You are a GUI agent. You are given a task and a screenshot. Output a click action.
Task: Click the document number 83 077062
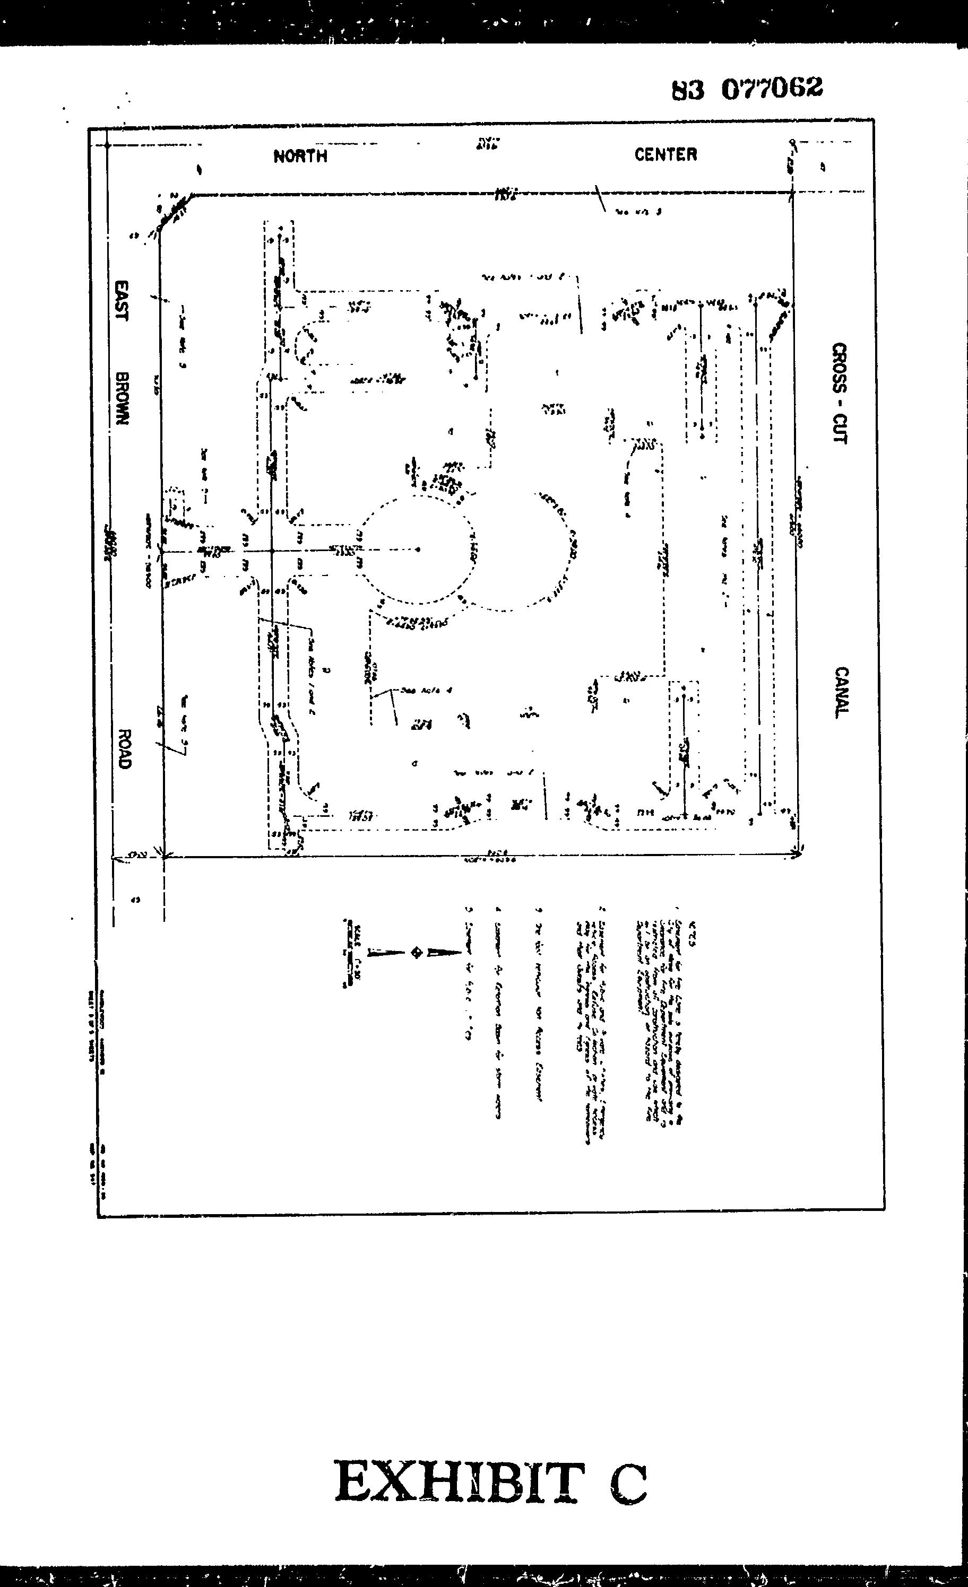click(747, 89)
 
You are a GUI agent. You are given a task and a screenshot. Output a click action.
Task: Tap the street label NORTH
click(300, 156)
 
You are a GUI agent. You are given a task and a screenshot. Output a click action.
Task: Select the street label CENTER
click(665, 154)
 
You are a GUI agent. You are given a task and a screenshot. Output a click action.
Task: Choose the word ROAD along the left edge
click(124, 749)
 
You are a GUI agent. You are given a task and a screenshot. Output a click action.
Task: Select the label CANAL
click(841, 692)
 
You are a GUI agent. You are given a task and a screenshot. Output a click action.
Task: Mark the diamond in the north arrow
click(416, 952)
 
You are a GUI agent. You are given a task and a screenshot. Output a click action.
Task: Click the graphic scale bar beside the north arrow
click(349, 952)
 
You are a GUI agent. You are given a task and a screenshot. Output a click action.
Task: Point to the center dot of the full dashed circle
click(418, 550)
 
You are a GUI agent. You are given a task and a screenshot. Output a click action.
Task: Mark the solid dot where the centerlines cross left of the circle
click(273, 551)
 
